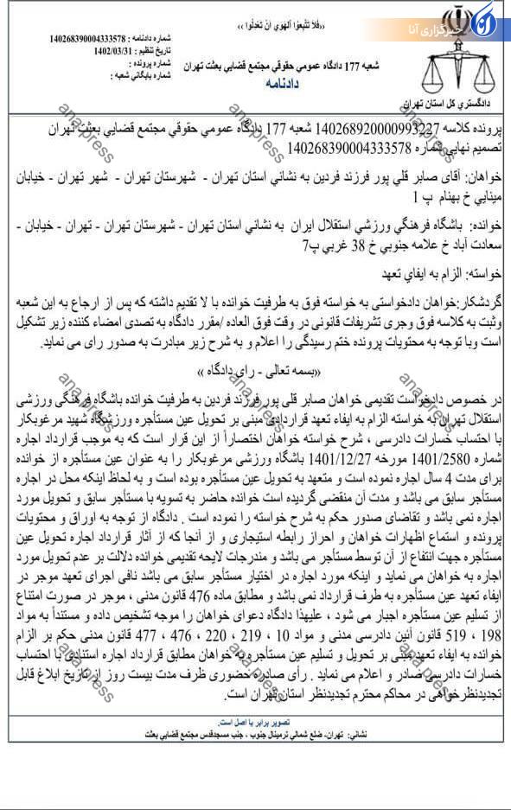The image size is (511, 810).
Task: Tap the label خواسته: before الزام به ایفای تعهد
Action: coord(483,271)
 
